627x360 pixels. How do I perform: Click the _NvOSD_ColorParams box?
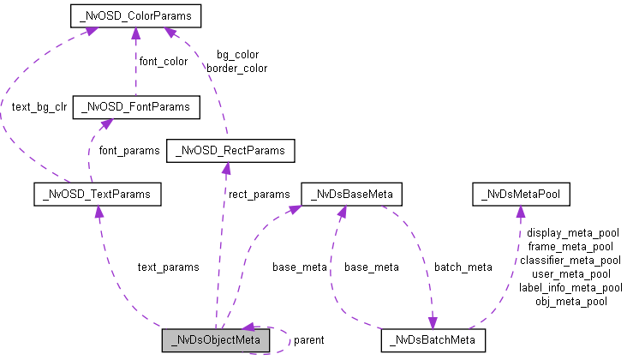(x=134, y=15)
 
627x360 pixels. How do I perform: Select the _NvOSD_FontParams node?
(x=137, y=107)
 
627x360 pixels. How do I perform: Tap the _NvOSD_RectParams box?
(x=230, y=152)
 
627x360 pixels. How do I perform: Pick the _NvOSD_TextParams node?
(x=96, y=195)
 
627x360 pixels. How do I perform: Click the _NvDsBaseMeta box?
(x=352, y=195)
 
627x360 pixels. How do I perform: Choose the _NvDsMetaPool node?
(x=521, y=195)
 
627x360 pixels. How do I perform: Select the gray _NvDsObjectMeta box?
(x=216, y=340)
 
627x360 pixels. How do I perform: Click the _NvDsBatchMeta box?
(x=433, y=340)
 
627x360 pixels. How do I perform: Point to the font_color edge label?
(x=163, y=62)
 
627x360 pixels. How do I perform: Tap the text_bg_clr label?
(x=39, y=108)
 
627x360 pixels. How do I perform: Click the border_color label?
(x=236, y=68)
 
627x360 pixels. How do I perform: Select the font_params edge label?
(x=129, y=151)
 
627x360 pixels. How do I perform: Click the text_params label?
(x=168, y=267)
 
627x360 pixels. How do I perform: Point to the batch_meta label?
(x=463, y=267)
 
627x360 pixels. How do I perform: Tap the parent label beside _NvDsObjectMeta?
(x=308, y=340)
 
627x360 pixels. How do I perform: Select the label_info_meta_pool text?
(x=570, y=287)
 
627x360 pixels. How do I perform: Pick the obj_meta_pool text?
(x=571, y=301)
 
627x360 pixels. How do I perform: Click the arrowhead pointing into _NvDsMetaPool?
(x=519, y=211)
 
